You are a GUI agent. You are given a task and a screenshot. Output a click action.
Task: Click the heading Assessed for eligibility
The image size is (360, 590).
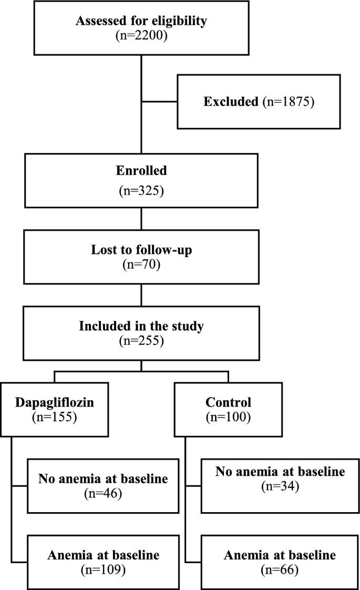pyautogui.click(x=141, y=22)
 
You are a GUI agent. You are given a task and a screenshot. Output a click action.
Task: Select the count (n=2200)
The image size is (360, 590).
pyautogui.click(x=141, y=36)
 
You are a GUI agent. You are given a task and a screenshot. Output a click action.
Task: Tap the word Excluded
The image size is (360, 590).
pyautogui.click(x=231, y=101)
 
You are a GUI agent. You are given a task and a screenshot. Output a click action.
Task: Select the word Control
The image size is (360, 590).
pyautogui.click(x=228, y=403)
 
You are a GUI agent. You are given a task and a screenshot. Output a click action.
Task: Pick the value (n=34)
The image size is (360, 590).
pyautogui.click(x=280, y=486)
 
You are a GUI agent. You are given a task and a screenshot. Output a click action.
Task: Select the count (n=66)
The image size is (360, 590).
pyautogui.click(x=280, y=569)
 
